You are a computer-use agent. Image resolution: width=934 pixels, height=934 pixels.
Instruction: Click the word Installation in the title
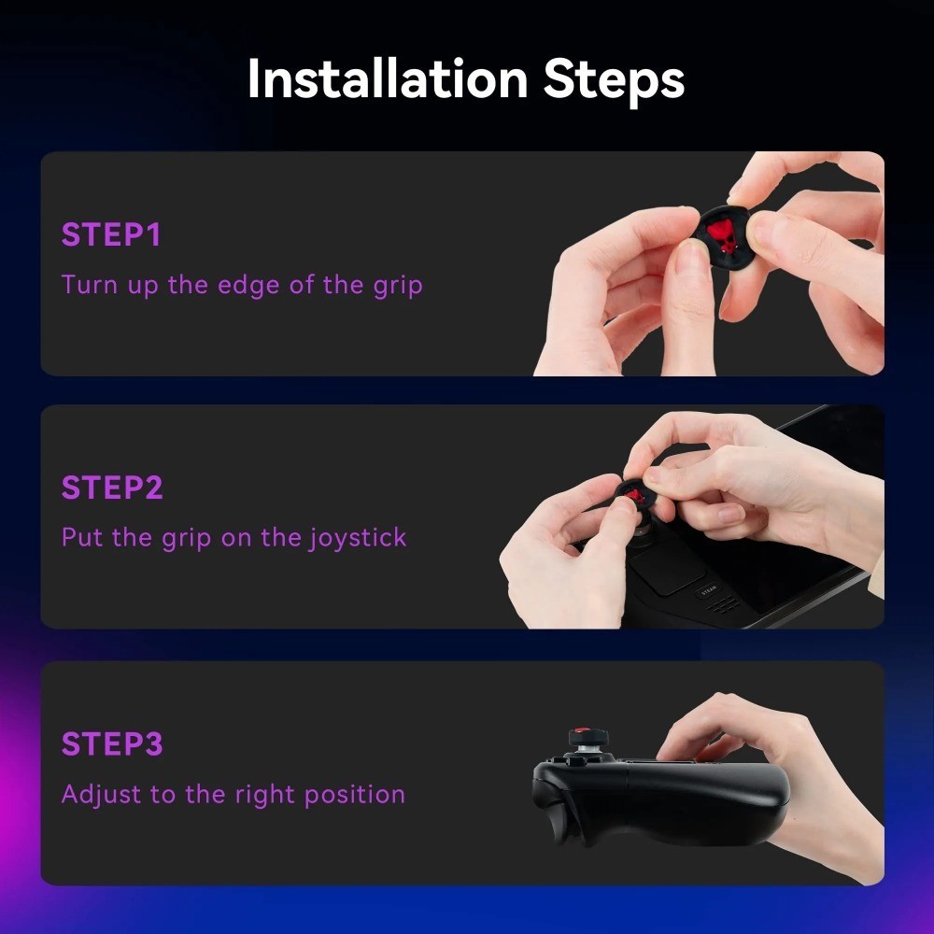pyautogui.click(x=388, y=79)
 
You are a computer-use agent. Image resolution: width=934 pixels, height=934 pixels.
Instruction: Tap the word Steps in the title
pyautogui.click(x=615, y=82)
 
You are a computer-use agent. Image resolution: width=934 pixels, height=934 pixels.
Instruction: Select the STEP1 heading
pyautogui.click(x=111, y=234)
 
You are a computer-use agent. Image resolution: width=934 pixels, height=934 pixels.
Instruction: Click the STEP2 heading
pyautogui.click(x=112, y=488)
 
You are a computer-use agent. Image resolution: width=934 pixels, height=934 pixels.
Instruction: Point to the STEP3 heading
pyautogui.click(x=112, y=743)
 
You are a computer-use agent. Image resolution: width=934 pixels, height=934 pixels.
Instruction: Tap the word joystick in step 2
pyautogui.click(x=358, y=539)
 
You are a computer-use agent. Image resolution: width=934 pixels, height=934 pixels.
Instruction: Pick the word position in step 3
pyautogui.click(x=354, y=795)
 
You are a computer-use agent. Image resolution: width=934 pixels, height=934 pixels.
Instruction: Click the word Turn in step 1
pyautogui.click(x=90, y=285)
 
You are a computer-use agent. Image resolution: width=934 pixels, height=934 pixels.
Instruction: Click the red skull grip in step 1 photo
pyautogui.click(x=724, y=234)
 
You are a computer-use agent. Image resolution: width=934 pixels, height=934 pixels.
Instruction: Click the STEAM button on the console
pyautogui.click(x=708, y=589)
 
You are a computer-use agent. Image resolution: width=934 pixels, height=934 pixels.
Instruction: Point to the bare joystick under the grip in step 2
pyautogui.click(x=644, y=531)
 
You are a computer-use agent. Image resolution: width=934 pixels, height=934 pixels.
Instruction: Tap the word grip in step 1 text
pyautogui.click(x=398, y=285)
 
